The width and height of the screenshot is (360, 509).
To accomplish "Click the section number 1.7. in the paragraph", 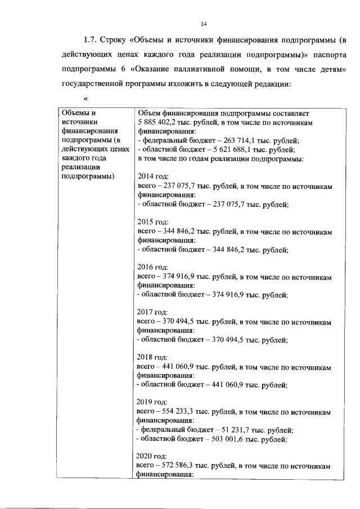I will [x=91, y=40].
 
